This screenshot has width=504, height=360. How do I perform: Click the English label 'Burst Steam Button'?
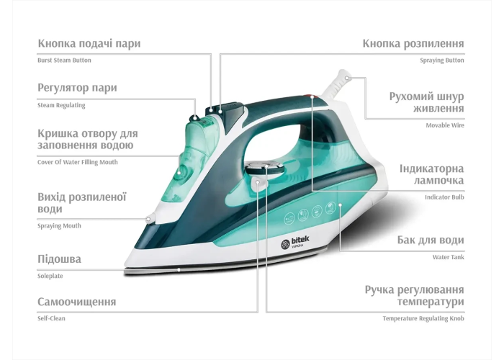coord(64,60)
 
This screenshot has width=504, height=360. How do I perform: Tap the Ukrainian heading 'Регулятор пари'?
coord(77,88)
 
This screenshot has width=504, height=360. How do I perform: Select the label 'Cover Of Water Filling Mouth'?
coord(78,162)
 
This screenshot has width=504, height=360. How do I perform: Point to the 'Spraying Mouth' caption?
coord(59,225)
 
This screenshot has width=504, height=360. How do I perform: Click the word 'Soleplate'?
coord(50,276)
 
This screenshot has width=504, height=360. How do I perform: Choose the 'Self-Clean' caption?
coord(51,318)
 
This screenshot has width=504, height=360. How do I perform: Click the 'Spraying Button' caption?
coord(442,60)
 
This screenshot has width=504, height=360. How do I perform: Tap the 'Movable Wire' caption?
coord(445,125)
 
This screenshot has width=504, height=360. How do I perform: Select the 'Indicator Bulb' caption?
coord(444,197)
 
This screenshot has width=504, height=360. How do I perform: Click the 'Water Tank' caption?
coord(449,257)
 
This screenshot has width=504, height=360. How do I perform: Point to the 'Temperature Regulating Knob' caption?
coord(423,318)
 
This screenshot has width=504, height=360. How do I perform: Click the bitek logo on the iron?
coord(295,243)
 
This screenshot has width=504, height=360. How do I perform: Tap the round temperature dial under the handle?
coord(264,168)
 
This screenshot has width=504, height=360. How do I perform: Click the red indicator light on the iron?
coord(312,96)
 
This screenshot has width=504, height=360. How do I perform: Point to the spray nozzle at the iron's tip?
coord(149,219)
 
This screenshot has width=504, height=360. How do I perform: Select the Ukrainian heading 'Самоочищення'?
coord(77,302)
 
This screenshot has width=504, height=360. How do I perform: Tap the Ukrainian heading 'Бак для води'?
coord(431,240)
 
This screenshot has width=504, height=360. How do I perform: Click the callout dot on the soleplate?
coord(179,270)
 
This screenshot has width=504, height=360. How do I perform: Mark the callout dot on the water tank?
coord(340,204)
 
